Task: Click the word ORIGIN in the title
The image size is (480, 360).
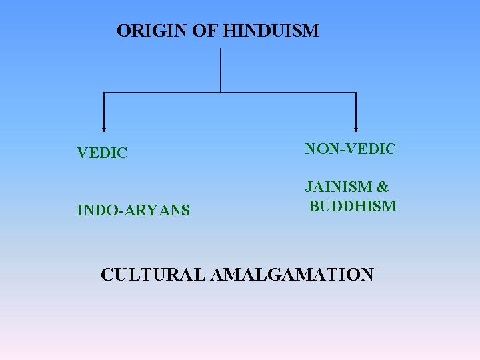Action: click(153, 31)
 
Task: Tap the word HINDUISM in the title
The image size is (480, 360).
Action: click(271, 31)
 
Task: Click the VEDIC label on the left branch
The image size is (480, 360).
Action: click(102, 153)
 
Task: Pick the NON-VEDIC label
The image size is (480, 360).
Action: click(351, 149)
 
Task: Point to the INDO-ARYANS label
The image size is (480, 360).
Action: click(133, 211)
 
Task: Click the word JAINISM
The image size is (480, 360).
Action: click(339, 188)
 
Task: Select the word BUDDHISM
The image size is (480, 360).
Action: click(353, 206)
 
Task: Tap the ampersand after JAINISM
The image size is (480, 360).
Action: click(383, 188)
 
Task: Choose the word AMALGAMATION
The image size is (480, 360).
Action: click(292, 275)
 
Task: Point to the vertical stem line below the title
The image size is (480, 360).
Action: click(220, 69)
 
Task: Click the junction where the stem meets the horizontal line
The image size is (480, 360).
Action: click(220, 92)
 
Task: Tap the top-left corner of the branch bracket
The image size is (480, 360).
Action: click(103, 93)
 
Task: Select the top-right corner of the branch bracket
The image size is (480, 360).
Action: click(356, 93)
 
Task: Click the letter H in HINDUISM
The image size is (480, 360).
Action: click(231, 31)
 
